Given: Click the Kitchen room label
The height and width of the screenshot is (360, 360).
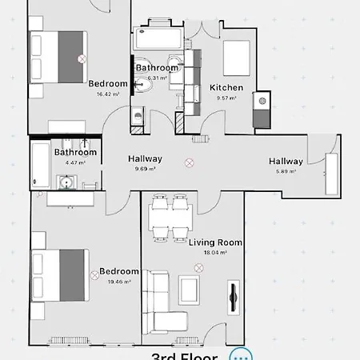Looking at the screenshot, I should click(x=226, y=87).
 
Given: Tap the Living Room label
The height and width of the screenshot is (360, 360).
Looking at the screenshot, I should click(x=215, y=242).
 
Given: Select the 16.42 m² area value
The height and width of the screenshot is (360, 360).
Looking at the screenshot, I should click(x=108, y=94).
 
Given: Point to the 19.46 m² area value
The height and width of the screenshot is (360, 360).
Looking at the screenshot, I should click(x=118, y=282).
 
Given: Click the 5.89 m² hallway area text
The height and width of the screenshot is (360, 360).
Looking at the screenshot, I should click(x=286, y=171).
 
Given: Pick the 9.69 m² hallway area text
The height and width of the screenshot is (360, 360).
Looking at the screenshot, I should click(x=145, y=169).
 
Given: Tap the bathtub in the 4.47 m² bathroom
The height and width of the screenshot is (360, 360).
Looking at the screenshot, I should click(x=38, y=166).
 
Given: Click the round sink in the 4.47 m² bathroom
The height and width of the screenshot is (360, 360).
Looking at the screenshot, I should click(x=66, y=183).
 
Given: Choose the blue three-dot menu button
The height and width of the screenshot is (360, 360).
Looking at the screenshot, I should click(x=240, y=354).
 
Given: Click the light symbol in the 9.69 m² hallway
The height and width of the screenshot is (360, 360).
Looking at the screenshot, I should click(x=189, y=162).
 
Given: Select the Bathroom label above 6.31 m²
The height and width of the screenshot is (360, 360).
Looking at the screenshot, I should click(x=157, y=68).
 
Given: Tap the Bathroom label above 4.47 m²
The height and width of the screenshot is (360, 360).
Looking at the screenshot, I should click(x=75, y=152).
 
